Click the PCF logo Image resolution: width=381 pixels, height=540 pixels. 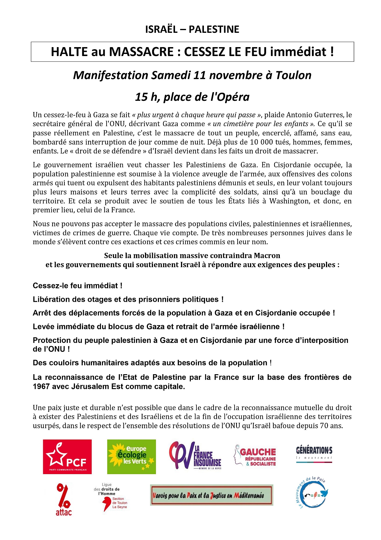click(67, 457)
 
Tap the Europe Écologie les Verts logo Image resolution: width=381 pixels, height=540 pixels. click(131, 457)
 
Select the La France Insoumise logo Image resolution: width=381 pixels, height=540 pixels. click(195, 455)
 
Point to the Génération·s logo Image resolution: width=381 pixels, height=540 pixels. click(314, 454)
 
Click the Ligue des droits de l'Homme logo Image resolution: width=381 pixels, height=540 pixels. click(110, 497)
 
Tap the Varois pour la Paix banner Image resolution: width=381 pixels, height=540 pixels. click(211, 495)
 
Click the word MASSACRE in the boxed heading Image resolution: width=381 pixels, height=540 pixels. click(141, 52)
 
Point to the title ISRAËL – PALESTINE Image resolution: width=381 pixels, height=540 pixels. click(192, 29)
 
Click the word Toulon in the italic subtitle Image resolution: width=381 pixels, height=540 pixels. click(293, 75)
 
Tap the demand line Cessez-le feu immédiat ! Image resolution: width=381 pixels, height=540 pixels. click(78, 286)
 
